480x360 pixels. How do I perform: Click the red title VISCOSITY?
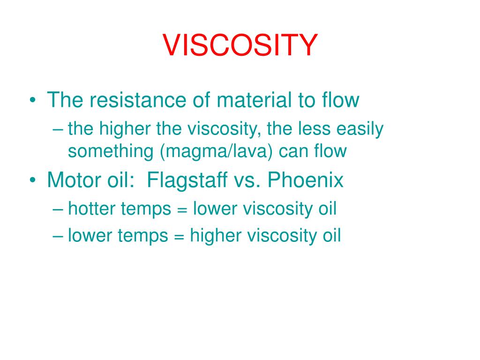240,45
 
